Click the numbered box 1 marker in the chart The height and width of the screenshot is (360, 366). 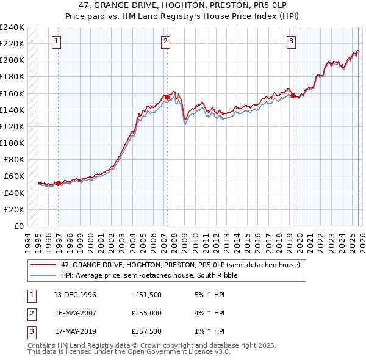point(56,41)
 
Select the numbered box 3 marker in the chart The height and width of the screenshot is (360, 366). point(292,41)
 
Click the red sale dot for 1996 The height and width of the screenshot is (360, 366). point(59,182)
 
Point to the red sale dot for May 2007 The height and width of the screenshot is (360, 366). point(168,97)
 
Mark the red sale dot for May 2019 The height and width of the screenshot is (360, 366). point(293,95)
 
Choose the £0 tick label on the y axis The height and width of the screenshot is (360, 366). point(19,226)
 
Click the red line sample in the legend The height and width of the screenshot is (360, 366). point(44,265)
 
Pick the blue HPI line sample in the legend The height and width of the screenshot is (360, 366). point(44,275)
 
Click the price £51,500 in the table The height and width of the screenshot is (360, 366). point(148,294)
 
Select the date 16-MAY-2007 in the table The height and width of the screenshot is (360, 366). point(75,313)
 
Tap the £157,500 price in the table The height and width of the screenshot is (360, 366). point(146,332)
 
